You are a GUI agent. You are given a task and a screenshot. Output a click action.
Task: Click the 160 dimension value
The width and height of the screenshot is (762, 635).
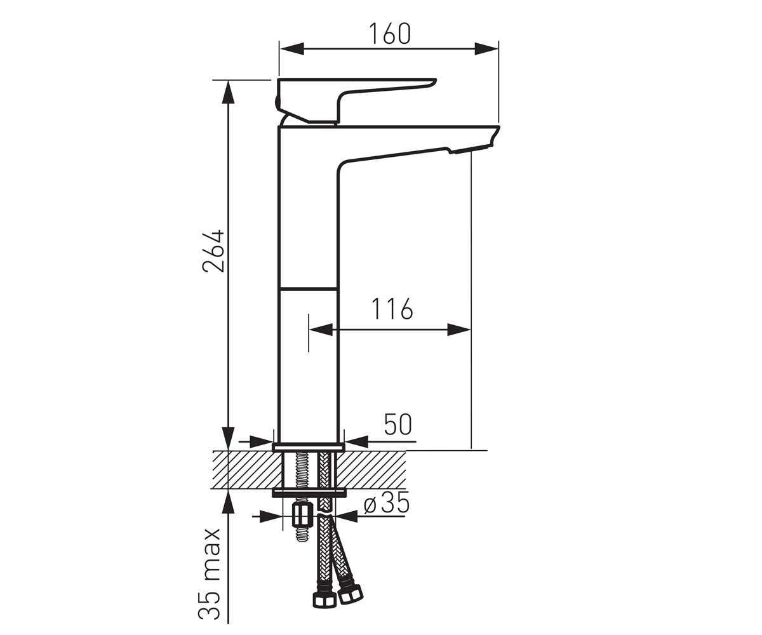[x=390, y=34]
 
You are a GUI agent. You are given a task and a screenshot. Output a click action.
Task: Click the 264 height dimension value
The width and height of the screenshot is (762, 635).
[x=213, y=251]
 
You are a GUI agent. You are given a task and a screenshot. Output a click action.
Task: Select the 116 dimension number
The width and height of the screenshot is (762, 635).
[x=392, y=309]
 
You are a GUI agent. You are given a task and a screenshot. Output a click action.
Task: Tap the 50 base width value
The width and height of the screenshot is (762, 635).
[x=398, y=424]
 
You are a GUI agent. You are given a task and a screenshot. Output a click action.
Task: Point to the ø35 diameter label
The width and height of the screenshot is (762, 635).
[x=387, y=504]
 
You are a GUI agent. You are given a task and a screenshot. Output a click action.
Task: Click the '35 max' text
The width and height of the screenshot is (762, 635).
[x=210, y=573]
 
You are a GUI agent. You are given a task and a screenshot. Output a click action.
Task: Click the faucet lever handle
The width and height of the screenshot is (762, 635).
[x=356, y=100]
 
